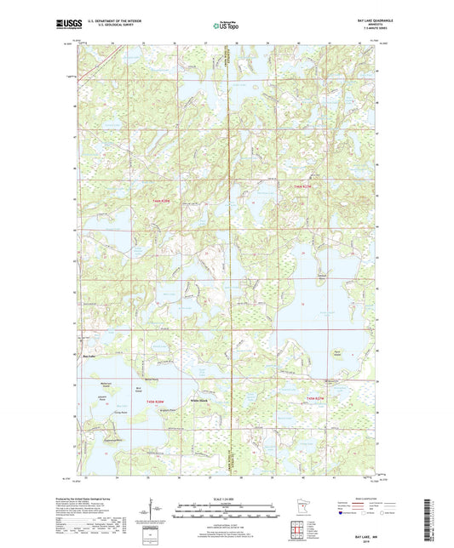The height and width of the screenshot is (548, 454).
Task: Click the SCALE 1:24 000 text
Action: click(227, 498)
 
